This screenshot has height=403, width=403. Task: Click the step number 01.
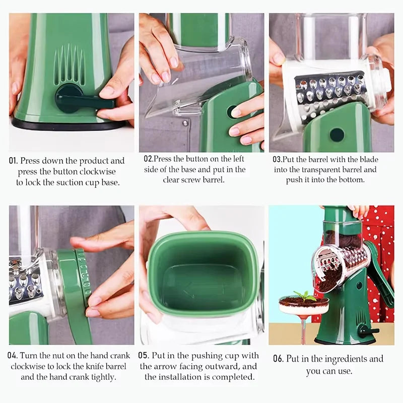(x=14, y=161)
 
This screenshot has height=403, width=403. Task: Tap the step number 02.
(x=149, y=159)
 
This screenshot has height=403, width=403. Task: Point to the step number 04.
(x=14, y=356)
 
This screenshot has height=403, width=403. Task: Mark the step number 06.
(x=278, y=359)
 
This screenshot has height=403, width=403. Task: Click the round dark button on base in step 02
(x=233, y=111)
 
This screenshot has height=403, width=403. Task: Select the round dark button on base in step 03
(x=337, y=135)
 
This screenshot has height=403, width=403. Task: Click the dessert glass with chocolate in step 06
(x=304, y=310)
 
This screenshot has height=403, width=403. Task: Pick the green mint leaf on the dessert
(x=304, y=296)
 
